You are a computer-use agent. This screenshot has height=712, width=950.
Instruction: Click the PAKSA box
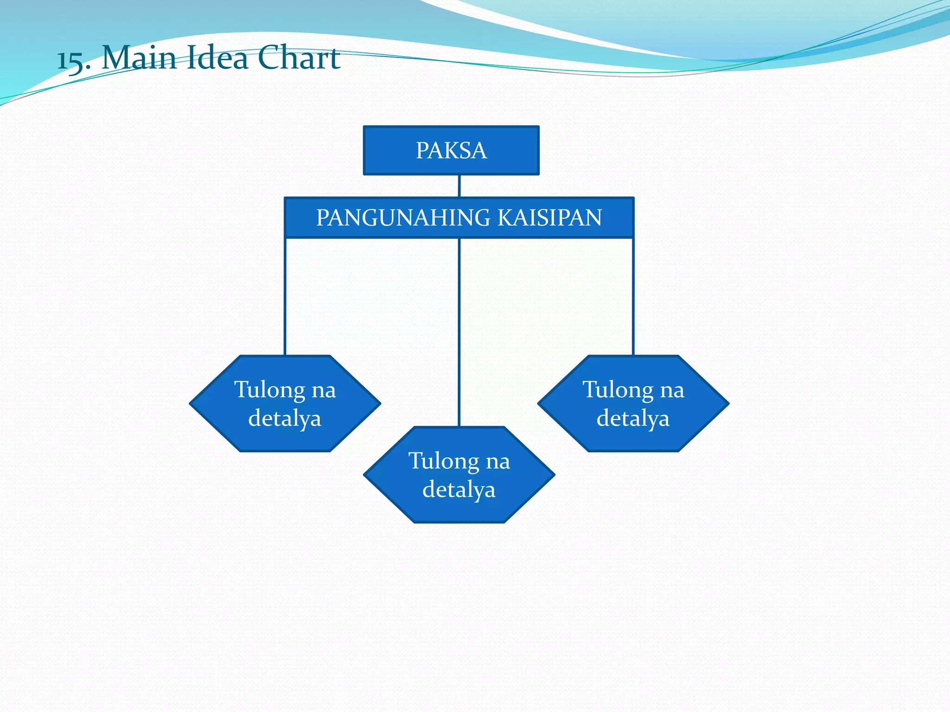click(451, 150)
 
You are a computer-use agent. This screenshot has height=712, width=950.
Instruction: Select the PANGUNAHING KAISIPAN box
click(459, 218)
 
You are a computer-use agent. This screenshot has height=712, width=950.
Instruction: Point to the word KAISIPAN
click(550, 218)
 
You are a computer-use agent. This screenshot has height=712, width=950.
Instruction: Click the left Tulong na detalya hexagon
click(285, 403)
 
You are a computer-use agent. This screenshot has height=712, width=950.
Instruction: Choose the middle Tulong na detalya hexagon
click(459, 475)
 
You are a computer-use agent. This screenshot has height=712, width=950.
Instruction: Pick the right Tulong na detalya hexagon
click(633, 403)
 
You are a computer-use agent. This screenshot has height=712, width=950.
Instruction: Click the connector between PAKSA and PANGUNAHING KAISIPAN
click(459, 186)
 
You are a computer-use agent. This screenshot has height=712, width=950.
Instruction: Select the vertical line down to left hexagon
click(285, 297)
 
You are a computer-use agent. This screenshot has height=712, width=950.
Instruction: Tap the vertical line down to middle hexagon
click(459, 331)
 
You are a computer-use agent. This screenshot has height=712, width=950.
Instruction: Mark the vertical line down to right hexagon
click(633, 297)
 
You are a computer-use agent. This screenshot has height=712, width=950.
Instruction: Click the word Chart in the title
click(298, 58)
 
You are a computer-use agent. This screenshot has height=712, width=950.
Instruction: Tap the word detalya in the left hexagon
click(285, 418)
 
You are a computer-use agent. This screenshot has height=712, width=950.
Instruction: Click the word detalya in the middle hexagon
click(459, 489)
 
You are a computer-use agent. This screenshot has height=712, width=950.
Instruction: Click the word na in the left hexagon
click(323, 390)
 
